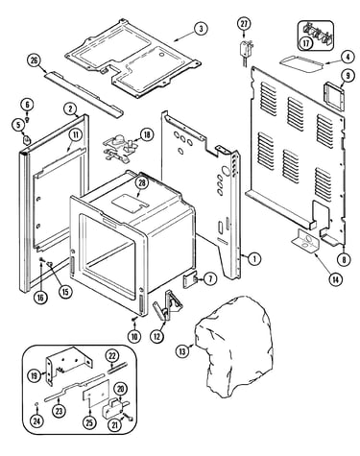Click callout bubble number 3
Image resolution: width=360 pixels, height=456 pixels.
point(201,29)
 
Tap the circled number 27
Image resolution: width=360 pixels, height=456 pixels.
point(244,24)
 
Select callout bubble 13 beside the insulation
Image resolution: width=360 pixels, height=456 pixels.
point(182,351)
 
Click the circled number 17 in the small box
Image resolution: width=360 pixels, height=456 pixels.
point(306,42)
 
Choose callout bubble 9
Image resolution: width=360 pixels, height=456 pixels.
point(348,76)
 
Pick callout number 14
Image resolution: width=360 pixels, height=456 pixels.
point(335,279)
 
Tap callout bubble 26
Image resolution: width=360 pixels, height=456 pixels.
point(35,60)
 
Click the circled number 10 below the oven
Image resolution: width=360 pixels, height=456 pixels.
point(134,336)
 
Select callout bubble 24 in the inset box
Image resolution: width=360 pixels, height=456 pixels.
point(36,421)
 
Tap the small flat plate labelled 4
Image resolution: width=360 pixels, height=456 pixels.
point(301,62)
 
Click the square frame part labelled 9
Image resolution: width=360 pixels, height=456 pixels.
point(334,94)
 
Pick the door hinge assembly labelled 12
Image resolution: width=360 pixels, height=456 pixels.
point(167,305)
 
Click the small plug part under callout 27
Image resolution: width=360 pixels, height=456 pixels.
point(245,52)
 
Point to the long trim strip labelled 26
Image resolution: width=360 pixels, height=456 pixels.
point(84,94)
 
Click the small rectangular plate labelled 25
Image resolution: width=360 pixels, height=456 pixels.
point(96,394)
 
